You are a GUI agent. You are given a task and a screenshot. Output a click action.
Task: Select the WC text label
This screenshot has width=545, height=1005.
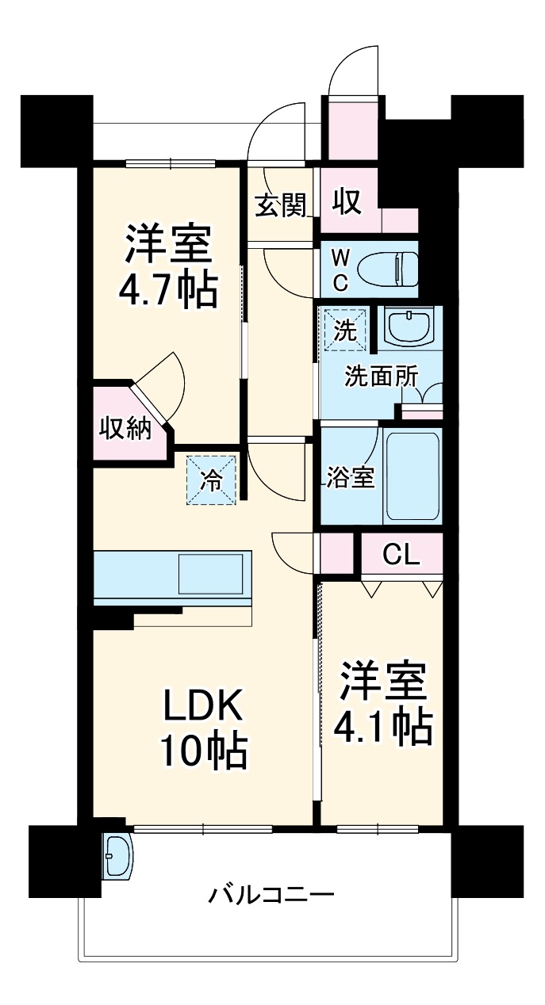[x=339, y=269]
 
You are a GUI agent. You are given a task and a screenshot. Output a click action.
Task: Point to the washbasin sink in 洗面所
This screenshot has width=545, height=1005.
[x=409, y=325]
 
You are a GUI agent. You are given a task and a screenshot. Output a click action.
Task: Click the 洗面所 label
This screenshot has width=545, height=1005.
[x=380, y=376]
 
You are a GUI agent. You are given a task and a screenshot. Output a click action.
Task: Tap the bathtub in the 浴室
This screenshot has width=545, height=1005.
[x=412, y=476]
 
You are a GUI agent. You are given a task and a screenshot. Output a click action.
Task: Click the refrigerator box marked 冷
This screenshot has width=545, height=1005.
[x=211, y=479]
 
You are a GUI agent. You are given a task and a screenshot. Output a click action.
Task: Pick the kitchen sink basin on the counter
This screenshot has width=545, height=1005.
[x=210, y=573]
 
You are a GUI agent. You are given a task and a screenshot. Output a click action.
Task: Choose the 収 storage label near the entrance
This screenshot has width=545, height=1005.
[x=347, y=202]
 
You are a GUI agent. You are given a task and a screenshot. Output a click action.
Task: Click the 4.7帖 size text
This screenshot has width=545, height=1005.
[x=167, y=291]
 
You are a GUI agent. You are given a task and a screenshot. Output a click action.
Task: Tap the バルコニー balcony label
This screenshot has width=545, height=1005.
[x=271, y=896]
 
